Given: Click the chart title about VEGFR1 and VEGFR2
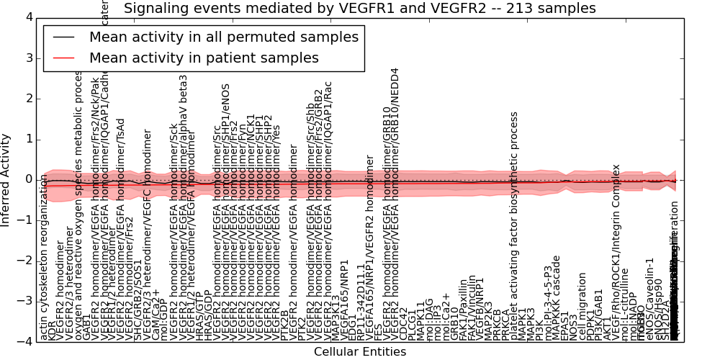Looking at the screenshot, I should pyautogui.click(x=359, y=9).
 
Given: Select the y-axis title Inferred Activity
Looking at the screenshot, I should pyautogui.click(x=6, y=179).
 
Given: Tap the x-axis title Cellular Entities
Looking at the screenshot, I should pyautogui.click(x=359, y=352).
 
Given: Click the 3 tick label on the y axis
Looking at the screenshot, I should pyautogui.click(x=28, y=58).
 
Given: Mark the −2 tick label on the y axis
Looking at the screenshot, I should pyautogui.click(x=25, y=261).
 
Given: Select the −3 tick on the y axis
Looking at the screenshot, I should pyautogui.click(x=25, y=301).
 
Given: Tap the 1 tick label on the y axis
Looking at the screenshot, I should pyautogui.click(x=28, y=139).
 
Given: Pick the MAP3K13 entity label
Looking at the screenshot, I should pyautogui.click(x=336, y=317).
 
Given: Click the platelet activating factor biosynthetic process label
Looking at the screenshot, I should pyautogui.click(x=514, y=226).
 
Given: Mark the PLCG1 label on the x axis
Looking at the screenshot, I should pyautogui.click(x=413, y=325).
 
